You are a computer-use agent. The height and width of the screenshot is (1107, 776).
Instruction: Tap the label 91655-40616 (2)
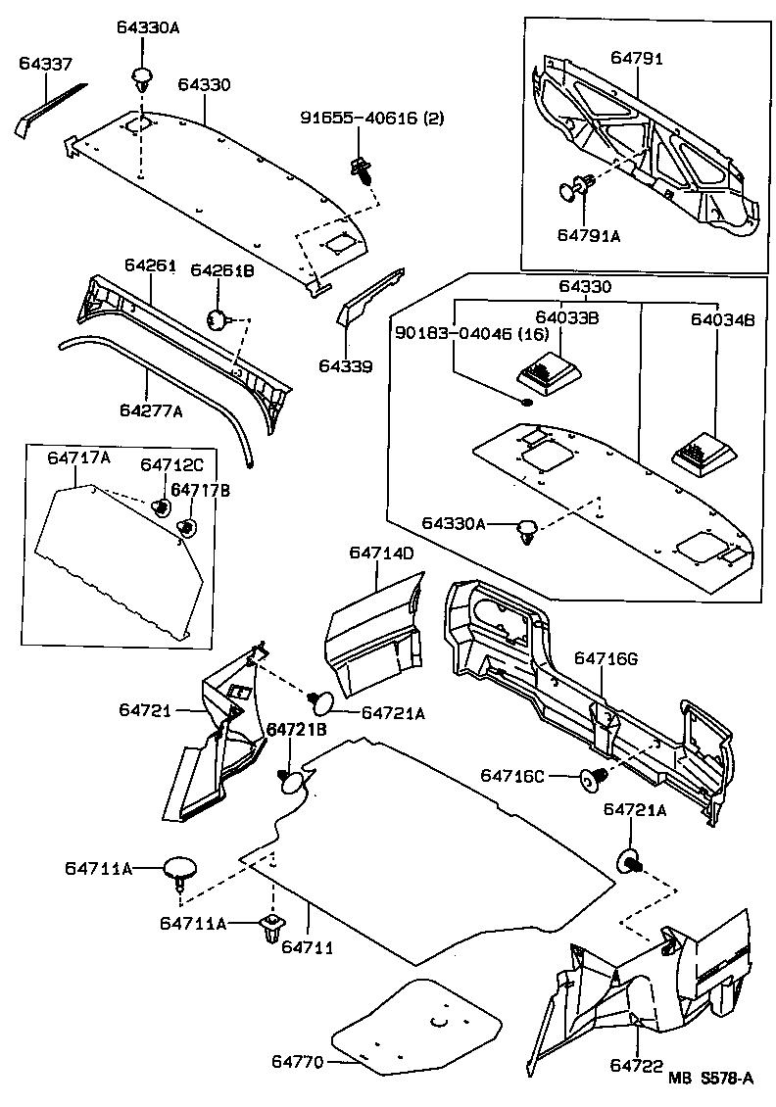point(371,119)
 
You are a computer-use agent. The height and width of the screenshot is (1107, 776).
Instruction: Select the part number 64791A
point(589,235)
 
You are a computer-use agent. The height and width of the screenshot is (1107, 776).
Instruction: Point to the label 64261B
point(221,269)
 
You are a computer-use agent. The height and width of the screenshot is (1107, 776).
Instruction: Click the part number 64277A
point(151,410)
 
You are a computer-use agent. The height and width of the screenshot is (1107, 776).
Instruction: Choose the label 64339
point(345,366)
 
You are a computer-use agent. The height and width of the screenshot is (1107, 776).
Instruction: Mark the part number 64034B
point(720,318)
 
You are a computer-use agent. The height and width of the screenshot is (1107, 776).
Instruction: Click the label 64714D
point(381,553)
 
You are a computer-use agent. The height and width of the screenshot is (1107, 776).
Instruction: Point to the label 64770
point(297,1062)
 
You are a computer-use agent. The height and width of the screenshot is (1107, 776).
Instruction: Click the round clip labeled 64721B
point(293,780)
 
